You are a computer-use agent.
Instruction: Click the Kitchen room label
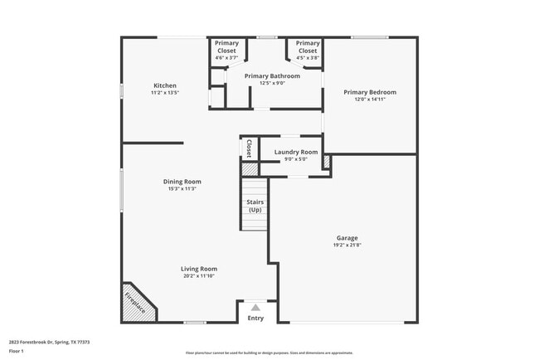click(x=164, y=85)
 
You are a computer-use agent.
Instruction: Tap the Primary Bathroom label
click(x=272, y=75)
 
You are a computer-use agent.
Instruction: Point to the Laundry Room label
click(x=296, y=152)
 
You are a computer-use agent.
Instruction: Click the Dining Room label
click(x=182, y=182)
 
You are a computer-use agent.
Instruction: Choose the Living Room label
click(x=199, y=269)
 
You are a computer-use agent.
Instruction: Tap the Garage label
click(x=347, y=238)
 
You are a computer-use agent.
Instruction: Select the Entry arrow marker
click(x=255, y=307)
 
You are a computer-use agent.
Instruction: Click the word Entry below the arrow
click(x=255, y=318)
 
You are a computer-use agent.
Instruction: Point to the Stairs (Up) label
click(x=255, y=206)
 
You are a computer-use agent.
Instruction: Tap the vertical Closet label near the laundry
click(x=249, y=148)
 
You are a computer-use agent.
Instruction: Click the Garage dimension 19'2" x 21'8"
click(x=347, y=246)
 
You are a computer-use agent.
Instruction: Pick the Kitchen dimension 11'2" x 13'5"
click(x=164, y=93)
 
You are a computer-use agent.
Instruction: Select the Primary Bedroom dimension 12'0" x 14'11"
click(x=371, y=100)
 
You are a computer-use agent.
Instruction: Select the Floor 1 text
click(x=17, y=351)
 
